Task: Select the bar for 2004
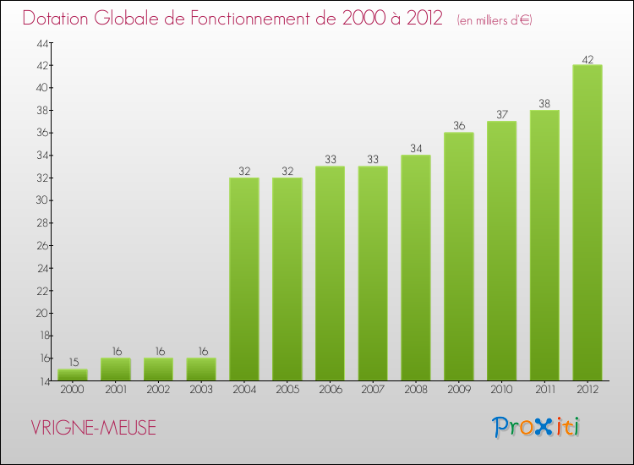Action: (244, 279)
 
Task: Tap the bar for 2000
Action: (73, 375)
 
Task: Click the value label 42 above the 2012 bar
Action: (588, 59)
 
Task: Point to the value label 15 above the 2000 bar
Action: (73, 363)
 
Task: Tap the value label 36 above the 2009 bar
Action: (459, 126)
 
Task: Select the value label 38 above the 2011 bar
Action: (544, 104)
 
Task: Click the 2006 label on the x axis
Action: (330, 391)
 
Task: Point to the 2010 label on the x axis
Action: (501, 391)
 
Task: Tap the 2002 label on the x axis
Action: (158, 391)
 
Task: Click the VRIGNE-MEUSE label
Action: (93, 428)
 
